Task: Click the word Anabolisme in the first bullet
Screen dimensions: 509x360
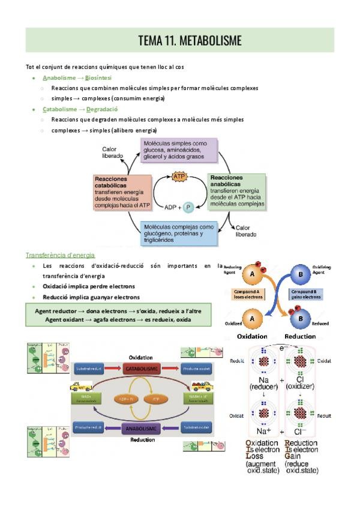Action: pos(59,78)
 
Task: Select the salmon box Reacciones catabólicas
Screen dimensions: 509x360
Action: pos(122,192)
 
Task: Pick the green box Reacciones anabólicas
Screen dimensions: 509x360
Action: pos(236,191)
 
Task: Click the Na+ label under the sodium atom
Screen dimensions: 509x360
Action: pos(263,431)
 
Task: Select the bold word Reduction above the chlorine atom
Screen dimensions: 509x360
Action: pos(299,336)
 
